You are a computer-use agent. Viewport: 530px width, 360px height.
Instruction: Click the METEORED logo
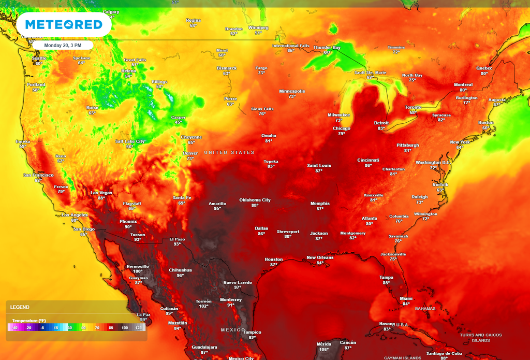(63, 24)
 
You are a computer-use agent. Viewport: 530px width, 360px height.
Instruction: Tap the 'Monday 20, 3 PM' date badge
(63, 45)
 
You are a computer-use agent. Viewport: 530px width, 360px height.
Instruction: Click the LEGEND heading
(20, 307)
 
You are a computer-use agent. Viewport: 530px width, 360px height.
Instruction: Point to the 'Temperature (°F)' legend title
(32, 321)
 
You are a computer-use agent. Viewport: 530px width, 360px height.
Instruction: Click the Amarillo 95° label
(217, 206)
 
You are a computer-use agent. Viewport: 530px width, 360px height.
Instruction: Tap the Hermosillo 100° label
(138, 268)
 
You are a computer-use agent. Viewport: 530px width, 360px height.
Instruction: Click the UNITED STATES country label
(229, 152)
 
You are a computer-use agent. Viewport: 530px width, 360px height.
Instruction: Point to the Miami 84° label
(406, 301)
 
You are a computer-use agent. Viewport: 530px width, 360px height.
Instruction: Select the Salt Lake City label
(130, 143)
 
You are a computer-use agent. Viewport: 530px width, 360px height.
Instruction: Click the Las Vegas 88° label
(101, 195)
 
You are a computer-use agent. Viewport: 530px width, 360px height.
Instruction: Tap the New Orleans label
(320, 260)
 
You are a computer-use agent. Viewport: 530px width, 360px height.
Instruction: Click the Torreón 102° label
(203, 304)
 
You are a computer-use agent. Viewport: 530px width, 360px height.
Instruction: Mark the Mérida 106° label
(323, 346)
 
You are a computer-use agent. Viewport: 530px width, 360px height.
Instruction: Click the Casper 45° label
(178, 120)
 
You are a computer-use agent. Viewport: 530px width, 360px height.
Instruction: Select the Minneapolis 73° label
(292, 93)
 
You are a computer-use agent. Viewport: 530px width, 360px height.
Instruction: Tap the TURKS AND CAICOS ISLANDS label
(480, 337)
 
